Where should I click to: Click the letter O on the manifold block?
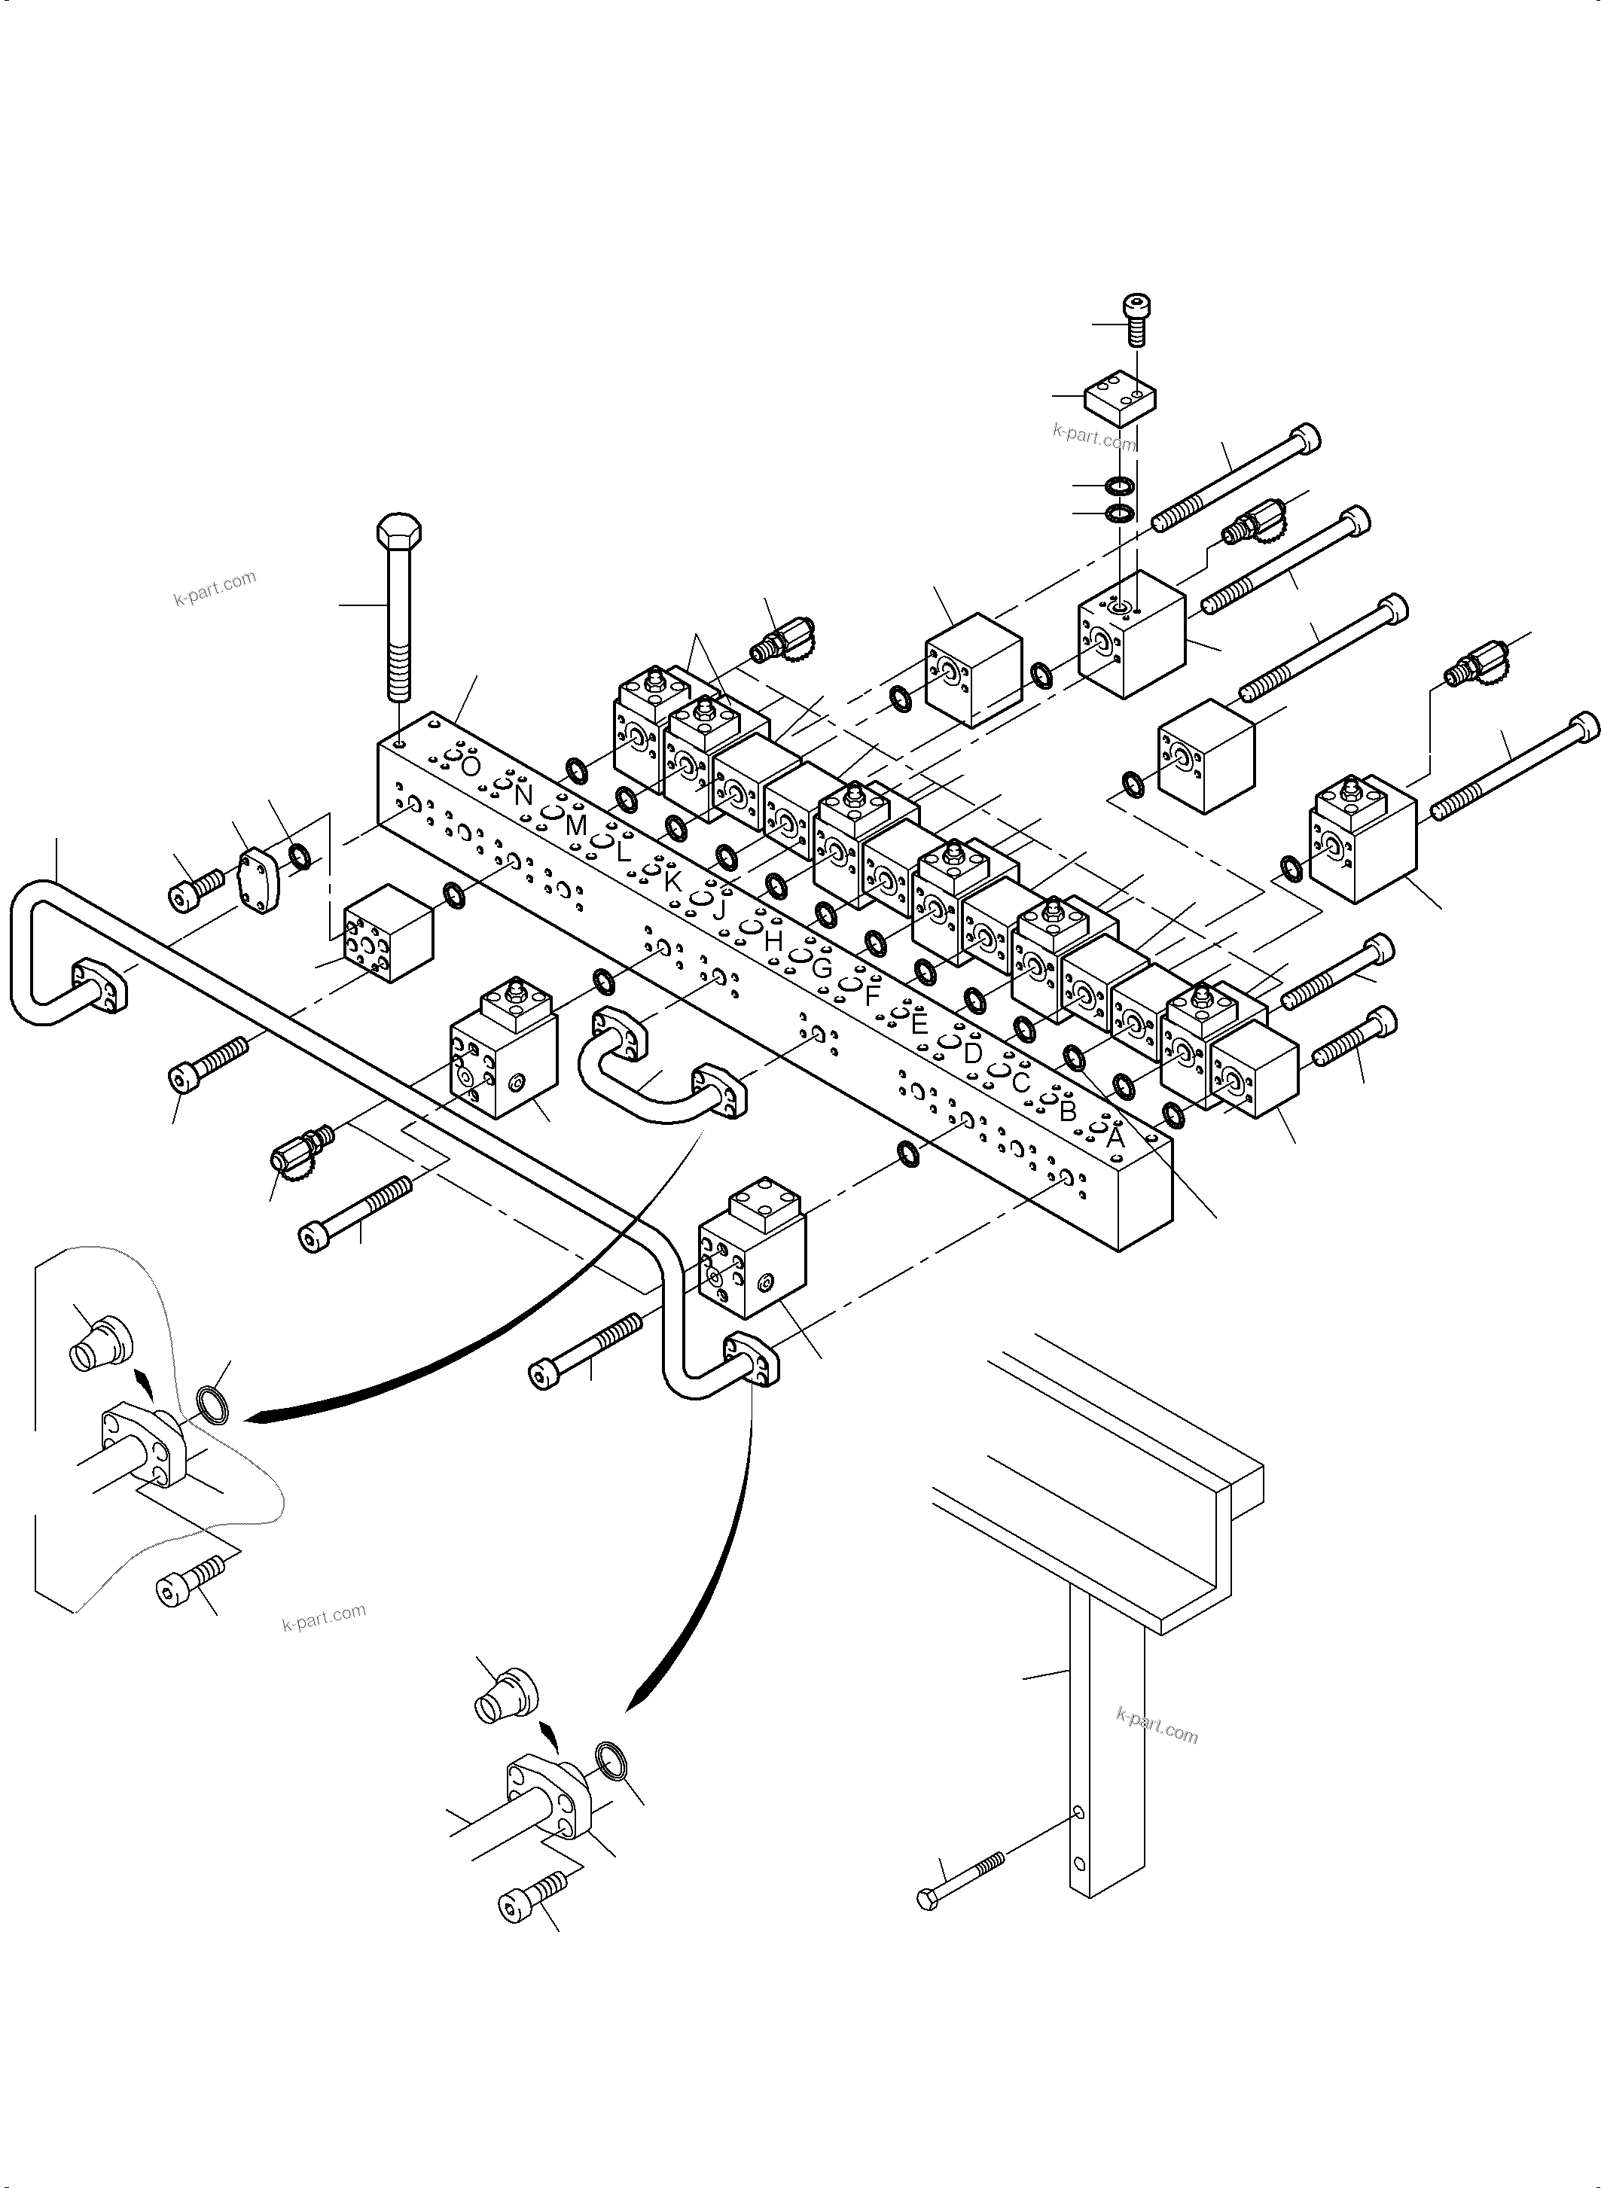coord(470,766)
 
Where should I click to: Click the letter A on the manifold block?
coord(1115,1138)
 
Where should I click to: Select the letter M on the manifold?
coord(575,826)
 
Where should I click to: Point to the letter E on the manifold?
coord(919,1022)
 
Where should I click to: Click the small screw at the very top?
coord(1136,320)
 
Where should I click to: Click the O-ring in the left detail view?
coord(213,1405)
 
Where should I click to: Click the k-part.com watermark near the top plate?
coord(1093,436)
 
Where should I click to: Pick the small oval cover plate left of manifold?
coord(260,880)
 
